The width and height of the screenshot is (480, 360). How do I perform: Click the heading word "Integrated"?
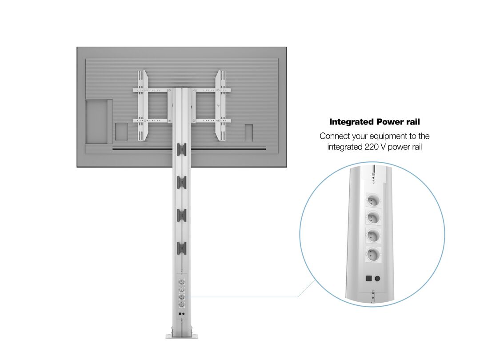352,122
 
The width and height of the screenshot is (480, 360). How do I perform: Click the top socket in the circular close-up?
373,201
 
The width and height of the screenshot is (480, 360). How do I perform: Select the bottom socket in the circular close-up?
373,254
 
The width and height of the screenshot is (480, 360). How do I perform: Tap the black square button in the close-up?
369,278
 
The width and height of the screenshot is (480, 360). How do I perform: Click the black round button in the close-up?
377,279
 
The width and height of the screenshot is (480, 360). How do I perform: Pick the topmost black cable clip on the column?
181,149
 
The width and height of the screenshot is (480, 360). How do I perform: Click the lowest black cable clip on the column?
181,248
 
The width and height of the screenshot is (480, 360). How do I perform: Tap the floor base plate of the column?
181,336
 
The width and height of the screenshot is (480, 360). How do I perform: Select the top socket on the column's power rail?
181,281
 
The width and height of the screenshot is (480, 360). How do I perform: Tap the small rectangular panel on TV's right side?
248,133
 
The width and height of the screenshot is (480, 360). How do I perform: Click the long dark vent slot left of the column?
142,148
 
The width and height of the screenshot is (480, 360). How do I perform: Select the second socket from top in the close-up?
373,219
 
